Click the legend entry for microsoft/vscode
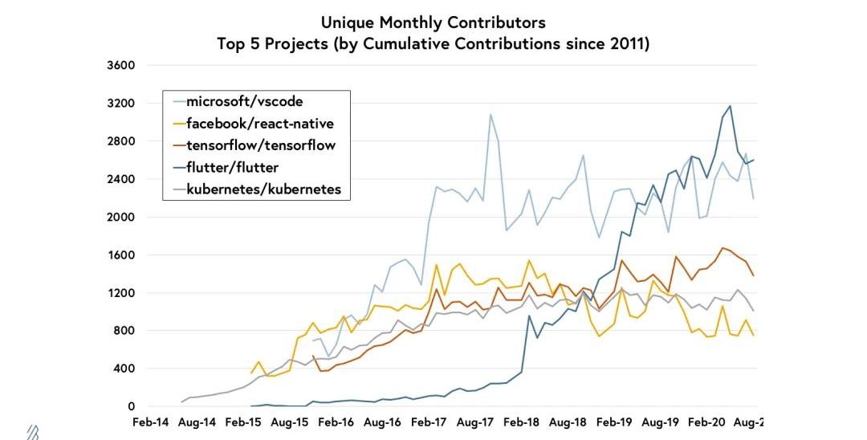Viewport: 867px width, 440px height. [244, 102]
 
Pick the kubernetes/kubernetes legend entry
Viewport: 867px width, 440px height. [263, 189]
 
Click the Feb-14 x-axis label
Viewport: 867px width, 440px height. [150, 422]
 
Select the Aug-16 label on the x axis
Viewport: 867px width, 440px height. [383, 422]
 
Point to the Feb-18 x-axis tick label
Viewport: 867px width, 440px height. [523, 422]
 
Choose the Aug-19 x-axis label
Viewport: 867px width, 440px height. [662, 422]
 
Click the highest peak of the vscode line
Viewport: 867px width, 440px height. [490, 114]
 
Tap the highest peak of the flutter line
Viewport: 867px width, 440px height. [730, 106]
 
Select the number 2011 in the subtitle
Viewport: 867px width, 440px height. [630, 43]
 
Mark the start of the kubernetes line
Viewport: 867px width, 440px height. [182, 401]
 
